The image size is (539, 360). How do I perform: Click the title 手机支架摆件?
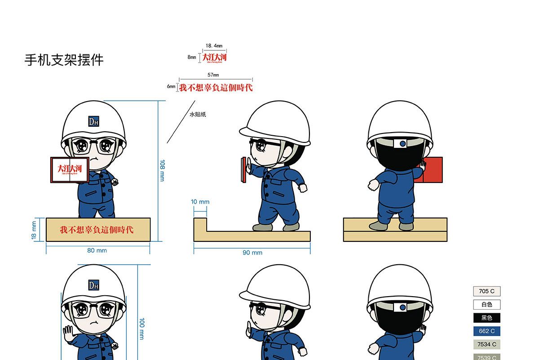pyautogui.click(x=64, y=60)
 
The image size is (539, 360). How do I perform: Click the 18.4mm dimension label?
pyautogui.click(x=214, y=46)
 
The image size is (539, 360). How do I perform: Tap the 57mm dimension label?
pyautogui.click(x=213, y=75)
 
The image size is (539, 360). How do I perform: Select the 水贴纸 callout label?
pyautogui.click(x=198, y=115)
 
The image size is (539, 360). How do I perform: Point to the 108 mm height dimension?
pyautogui.click(x=162, y=170)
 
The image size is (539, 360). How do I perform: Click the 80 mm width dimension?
pyautogui.click(x=97, y=250)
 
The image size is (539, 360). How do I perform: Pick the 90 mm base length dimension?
pyautogui.click(x=252, y=253)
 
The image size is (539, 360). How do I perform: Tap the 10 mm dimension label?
pyautogui.click(x=200, y=202)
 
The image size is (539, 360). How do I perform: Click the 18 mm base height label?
pyautogui.click(x=34, y=230)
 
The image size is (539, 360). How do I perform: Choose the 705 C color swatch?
pyautogui.click(x=487, y=291)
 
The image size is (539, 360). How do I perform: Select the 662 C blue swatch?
pyautogui.click(x=487, y=331)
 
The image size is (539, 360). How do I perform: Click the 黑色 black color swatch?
pyautogui.click(x=487, y=318)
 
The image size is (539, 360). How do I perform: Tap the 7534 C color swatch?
pyautogui.click(x=487, y=344)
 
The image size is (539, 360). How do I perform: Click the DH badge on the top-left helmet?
pyautogui.click(x=93, y=121)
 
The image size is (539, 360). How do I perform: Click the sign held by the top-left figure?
pyautogui.click(x=70, y=169)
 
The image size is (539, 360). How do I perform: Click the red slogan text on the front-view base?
pyautogui.click(x=97, y=230)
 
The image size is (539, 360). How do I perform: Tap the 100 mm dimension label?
pyautogui.click(x=142, y=328)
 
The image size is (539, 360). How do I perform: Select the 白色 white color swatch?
pyautogui.click(x=487, y=305)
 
